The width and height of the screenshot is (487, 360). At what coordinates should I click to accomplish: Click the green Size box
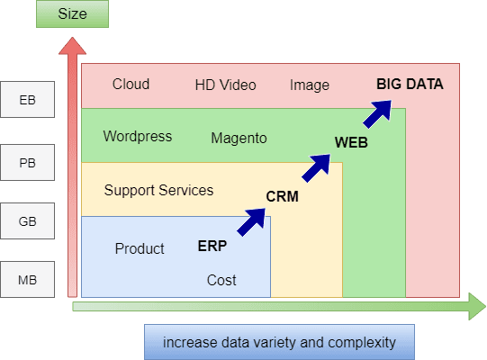(x=72, y=14)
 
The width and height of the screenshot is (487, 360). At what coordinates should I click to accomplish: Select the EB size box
(x=27, y=99)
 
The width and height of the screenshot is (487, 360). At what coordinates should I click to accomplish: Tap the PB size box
(x=27, y=162)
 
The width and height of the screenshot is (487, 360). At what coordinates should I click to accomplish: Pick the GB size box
(x=27, y=220)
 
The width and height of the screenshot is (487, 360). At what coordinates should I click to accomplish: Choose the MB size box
(x=27, y=279)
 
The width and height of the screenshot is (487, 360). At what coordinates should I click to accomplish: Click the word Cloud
(x=131, y=85)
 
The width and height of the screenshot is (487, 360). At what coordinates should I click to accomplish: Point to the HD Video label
(x=225, y=85)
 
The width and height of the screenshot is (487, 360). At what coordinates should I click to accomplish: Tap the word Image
(x=310, y=85)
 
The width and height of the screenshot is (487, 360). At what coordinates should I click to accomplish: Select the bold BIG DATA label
(x=410, y=85)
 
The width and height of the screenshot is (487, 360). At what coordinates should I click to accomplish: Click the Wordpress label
(x=138, y=137)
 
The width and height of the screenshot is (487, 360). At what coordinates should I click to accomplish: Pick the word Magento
(x=239, y=139)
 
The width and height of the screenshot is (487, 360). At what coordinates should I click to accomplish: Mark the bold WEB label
(x=351, y=142)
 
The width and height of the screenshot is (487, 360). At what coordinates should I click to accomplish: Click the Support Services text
(x=158, y=190)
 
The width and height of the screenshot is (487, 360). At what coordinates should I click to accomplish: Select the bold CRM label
(x=283, y=196)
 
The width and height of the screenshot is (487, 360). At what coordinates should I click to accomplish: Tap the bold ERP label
(x=212, y=246)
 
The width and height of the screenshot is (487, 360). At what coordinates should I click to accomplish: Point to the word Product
(x=140, y=248)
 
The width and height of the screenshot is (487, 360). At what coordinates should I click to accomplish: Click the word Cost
(x=221, y=280)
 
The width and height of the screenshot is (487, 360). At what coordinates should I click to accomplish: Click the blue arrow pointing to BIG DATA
(x=378, y=113)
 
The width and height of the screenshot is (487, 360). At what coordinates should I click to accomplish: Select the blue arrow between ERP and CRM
(x=251, y=221)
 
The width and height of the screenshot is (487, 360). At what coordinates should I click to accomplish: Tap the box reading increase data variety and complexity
(x=279, y=342)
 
